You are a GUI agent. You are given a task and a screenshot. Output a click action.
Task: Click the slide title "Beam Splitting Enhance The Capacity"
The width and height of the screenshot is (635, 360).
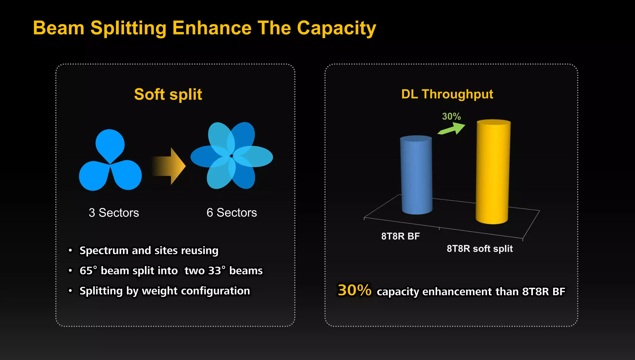204,28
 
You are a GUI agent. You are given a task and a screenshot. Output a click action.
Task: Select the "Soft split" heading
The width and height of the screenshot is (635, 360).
168,94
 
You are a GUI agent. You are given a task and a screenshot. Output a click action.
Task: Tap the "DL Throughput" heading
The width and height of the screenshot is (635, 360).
447,94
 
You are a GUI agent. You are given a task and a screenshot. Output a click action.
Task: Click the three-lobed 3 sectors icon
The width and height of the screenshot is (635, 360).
110,161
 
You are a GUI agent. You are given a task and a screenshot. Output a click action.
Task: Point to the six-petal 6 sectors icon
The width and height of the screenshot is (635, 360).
232,156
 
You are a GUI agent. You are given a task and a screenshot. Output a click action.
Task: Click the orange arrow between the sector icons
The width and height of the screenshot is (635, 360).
169,166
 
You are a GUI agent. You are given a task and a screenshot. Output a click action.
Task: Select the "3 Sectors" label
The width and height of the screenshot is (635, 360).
114,213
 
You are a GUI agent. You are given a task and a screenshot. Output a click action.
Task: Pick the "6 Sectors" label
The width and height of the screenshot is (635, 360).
232,213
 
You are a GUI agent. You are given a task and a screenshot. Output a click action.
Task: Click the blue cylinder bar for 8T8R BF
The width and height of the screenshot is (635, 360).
416,175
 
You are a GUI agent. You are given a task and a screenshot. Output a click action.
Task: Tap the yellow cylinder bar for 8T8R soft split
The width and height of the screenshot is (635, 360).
493,172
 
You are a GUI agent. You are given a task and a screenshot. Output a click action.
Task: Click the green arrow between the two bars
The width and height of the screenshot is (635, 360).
452,129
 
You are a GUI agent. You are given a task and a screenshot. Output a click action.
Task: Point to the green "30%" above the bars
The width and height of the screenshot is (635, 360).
451,117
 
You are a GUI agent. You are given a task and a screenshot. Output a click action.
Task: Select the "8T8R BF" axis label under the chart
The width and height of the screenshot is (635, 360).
400,236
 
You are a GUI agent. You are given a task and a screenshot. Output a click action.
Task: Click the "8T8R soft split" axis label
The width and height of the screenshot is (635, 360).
479,249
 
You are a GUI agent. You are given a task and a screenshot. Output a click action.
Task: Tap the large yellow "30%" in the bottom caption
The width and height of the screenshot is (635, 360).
354,290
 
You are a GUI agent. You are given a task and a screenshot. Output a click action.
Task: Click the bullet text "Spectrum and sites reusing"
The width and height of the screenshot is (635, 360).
149,251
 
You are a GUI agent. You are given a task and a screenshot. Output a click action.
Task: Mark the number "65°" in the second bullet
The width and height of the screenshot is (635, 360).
88,270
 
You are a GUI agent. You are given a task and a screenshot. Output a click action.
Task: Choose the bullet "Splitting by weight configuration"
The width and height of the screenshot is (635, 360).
165,291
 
